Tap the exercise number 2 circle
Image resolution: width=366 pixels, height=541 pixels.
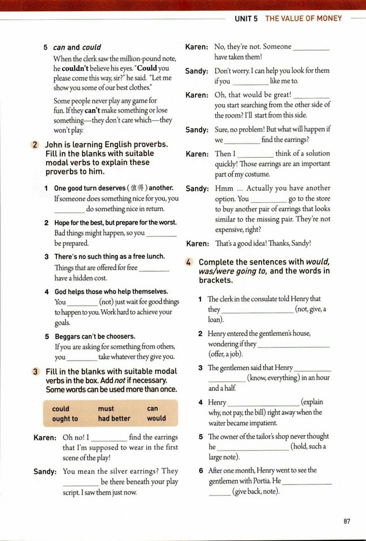tap(35, 145)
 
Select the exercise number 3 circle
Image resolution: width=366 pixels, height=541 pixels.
tap(35, 371)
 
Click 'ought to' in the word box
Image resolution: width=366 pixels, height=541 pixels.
tap(65, 419)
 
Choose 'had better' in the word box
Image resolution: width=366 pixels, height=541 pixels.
tap(114, 419)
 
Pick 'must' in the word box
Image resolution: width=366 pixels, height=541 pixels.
tap(106, 409)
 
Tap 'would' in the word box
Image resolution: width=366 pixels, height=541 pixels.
tap(156, 419)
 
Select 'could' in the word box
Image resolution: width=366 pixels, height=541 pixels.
tap(60, 409)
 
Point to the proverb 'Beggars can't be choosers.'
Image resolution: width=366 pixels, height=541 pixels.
tap(94, 336)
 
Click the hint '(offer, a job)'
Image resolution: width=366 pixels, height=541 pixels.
tap(225, 354)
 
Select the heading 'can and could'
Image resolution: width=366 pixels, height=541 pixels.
tap(77, 47)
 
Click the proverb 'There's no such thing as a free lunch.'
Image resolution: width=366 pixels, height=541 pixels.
tap(110, 257)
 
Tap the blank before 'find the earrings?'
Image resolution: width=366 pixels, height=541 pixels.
tap(242, 140)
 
